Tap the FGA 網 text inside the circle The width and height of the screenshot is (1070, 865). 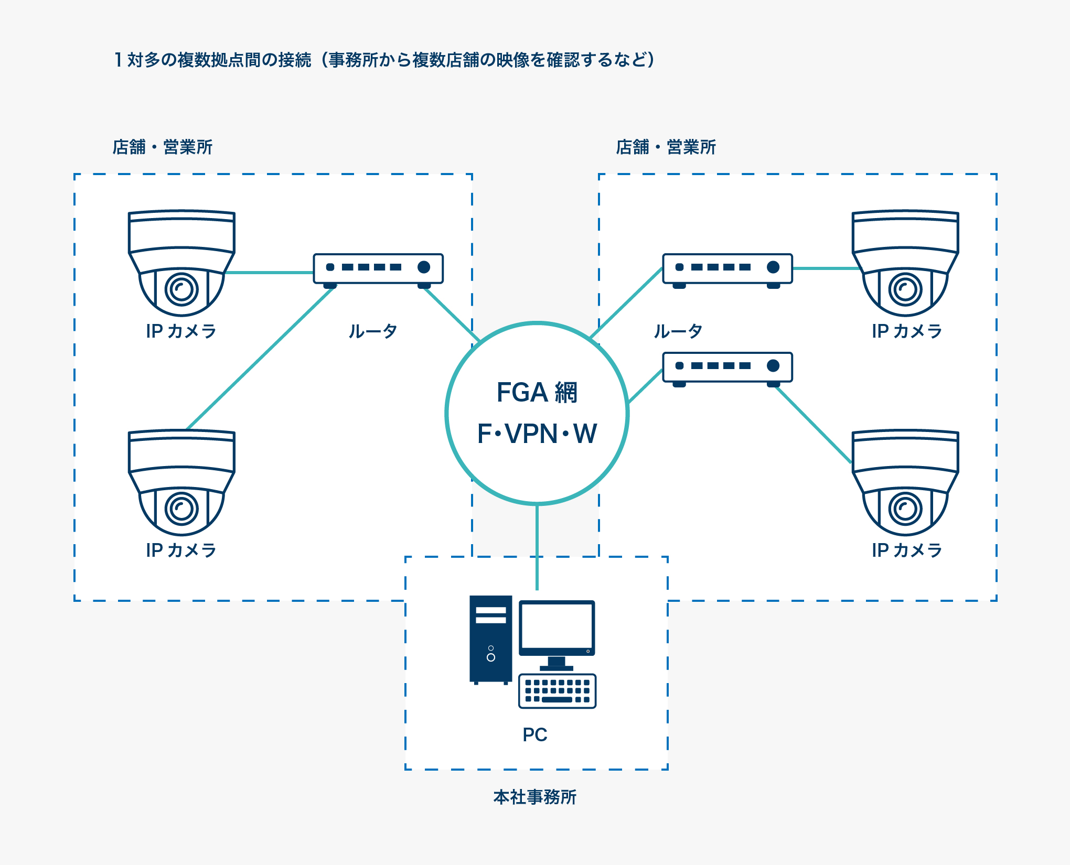click(x=537, y=392)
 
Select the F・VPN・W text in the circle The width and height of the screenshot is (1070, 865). click(x=537, y=434)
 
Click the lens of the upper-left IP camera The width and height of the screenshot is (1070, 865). click(x=181, y=289)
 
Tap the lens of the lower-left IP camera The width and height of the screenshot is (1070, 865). click(x=181, y=509)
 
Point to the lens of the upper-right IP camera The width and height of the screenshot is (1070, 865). click(x=905, y=289)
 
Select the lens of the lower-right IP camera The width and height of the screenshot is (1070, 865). click(x=905, y=509)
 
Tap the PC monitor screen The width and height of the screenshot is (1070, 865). click(x=557, y=626)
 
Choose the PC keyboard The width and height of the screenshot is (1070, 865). click(x=557, y=691)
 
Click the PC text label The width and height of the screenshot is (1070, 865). click(x=535, y=735)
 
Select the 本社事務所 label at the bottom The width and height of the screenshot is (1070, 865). click(x=535, y=797)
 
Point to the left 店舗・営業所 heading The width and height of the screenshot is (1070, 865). click(x=163, y=147)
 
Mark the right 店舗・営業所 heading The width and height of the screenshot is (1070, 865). click(x=666, y=147)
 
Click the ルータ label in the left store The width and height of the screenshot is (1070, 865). click(x=373, y=331)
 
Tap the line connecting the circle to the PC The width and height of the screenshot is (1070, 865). click(x=537, y=545)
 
